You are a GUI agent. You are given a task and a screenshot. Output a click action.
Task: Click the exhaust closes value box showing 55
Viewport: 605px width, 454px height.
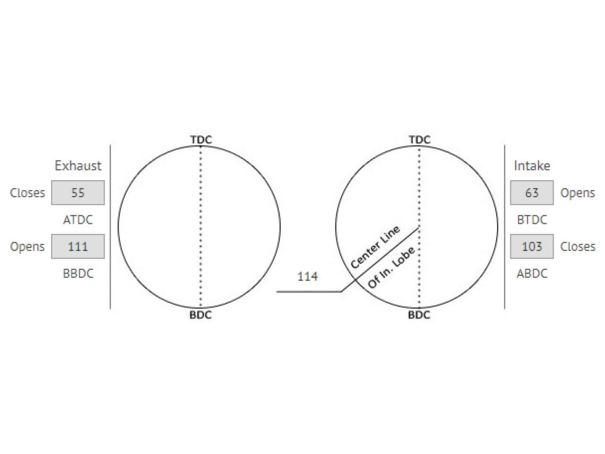78,192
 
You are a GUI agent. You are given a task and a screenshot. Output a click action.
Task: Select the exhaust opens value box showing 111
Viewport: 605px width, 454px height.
78,246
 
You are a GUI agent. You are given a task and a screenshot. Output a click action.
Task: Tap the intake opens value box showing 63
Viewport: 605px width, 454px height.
531,192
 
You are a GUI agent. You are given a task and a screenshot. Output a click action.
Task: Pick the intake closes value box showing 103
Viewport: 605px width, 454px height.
531,246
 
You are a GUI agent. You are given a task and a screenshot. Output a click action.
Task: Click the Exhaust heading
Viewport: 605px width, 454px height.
78,166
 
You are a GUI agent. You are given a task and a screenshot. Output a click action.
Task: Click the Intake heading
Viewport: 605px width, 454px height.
532,166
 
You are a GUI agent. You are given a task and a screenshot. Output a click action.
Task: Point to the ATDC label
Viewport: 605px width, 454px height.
78,220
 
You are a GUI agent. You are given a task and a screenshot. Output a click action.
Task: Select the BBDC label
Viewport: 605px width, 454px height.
78,273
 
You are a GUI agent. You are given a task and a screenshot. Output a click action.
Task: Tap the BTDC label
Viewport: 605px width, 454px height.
532,220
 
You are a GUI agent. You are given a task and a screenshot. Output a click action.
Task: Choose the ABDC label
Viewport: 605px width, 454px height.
532,273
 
